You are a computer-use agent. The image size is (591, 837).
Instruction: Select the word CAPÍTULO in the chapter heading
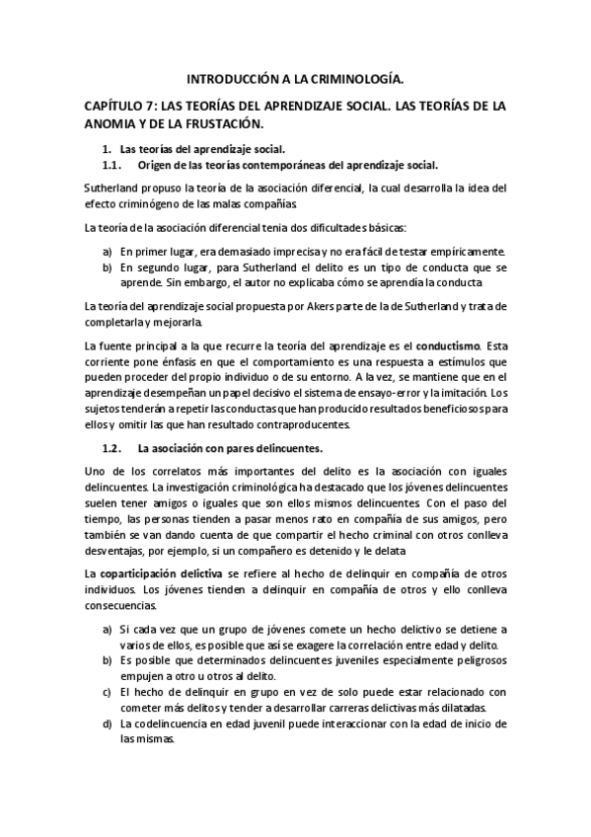(x=116, y=106)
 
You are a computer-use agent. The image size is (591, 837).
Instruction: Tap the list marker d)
(x=107, y=723)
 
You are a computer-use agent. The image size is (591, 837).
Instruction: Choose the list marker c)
(x=107, y=692)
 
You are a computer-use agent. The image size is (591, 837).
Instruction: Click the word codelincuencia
(x=168, y=723)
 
